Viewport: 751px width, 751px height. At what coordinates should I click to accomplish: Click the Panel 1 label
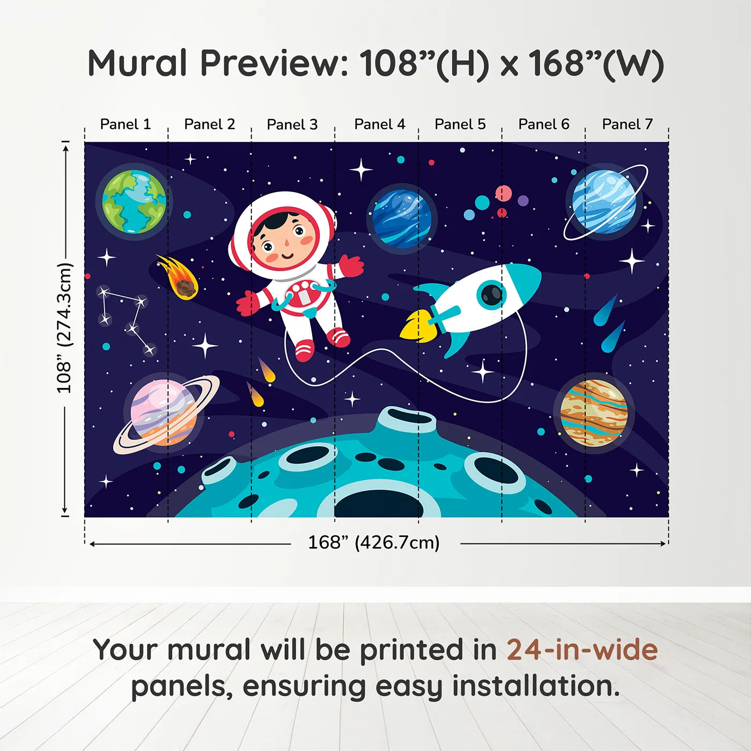[126, 124]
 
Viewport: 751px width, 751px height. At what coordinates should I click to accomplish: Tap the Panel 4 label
[380, 124]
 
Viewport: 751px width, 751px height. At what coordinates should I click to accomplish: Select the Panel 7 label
[627, 124]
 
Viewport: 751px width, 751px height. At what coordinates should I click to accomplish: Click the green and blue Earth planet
[134, 201]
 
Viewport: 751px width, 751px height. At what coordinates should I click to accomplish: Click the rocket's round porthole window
[491, 294]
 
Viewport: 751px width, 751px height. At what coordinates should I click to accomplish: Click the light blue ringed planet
[604, 201]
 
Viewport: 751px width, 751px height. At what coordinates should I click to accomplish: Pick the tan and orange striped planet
[594, 413]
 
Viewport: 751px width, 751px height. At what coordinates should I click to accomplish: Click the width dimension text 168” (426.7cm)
[374, 543]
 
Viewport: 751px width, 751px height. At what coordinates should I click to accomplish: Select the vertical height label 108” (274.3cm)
[64, 328]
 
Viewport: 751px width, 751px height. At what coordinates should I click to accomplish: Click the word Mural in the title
[137, 63]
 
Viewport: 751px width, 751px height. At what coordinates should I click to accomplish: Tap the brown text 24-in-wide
[582, 650]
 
